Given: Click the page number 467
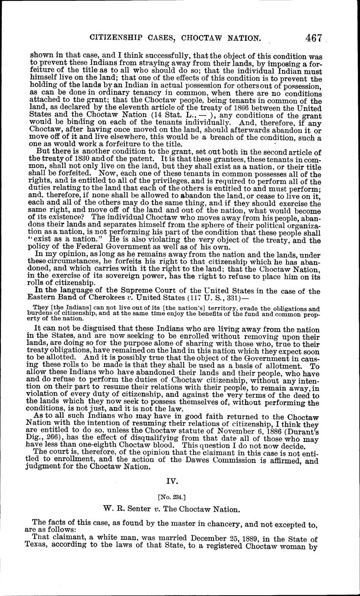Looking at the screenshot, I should (x=313, y=38).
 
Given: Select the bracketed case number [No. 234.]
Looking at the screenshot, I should (x=179, y=497).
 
